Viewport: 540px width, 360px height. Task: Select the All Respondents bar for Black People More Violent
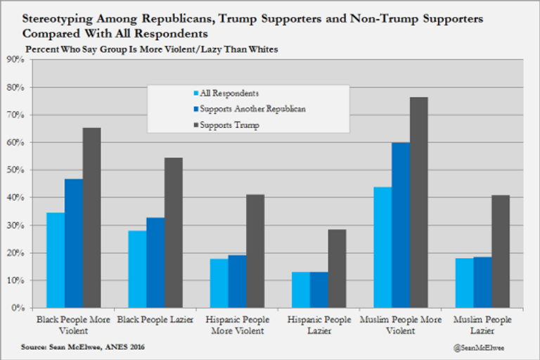point(56,260)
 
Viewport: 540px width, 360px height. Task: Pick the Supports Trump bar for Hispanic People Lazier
point(337,269)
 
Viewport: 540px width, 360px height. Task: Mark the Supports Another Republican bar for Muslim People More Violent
point(400,225)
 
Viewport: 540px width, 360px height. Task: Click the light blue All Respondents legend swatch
point(195,94)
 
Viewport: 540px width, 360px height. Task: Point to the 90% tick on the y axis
point(16,60)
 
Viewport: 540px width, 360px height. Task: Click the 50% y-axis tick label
point(16,170)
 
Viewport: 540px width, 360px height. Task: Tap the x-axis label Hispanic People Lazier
point(319,325)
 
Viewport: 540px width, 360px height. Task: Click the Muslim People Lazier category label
point(482,325)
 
